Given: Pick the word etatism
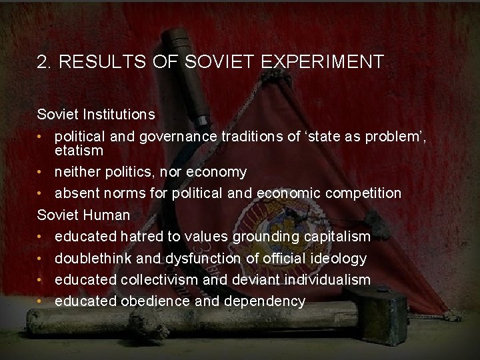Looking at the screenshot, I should click(x=79, y=150).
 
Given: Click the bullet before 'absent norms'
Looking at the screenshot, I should click(x=41, y=193).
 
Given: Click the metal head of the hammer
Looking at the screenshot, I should click(x=386, y=313).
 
